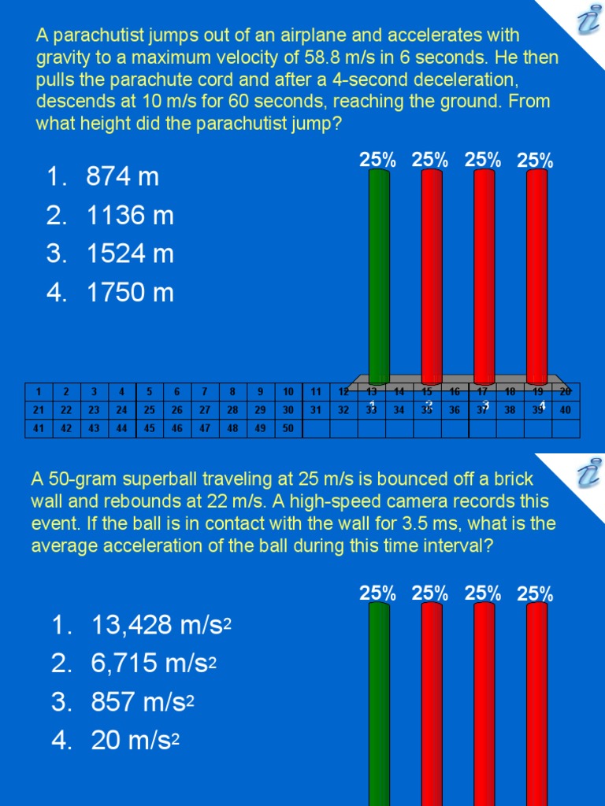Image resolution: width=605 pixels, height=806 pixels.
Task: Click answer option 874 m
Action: coord(122,177)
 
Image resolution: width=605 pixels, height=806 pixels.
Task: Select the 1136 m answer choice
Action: coord(129,216)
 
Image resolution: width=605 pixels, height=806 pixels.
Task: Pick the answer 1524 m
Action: coord(129,254)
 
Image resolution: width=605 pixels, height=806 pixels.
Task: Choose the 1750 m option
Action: coord(129,293)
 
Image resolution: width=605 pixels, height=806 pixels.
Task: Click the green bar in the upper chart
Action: coord(379,275)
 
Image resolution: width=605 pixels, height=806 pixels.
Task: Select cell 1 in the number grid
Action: coord(39,391)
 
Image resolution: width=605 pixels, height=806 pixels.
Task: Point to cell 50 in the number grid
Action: coord(288,428)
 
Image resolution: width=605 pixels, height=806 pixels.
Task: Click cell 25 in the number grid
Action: coord(150,410)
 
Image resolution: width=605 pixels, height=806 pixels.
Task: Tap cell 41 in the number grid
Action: coord(39,428)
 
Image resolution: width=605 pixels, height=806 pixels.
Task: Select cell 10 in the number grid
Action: coord(288,391)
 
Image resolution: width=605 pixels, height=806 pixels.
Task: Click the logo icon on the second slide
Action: coord(586,475)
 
